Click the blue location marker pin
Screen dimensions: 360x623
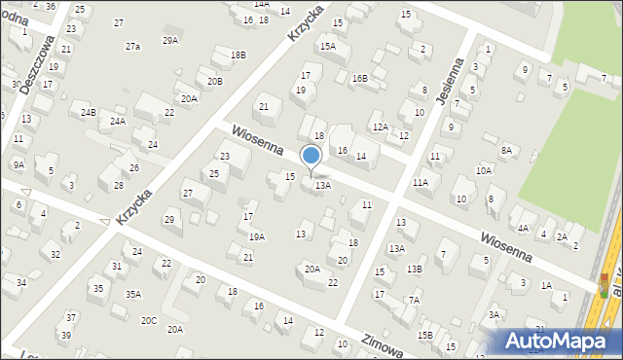pos(311,157)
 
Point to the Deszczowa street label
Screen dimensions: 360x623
pos(38,57)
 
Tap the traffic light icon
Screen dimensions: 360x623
pos(604,285)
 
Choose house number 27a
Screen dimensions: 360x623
pos(132,47)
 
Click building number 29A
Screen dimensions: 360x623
pos(170,40)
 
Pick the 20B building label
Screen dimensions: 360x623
pos(214,81)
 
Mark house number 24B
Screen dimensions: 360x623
pos(89,113)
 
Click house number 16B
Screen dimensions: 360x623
pos(359,78)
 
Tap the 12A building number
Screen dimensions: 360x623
pos(380,126)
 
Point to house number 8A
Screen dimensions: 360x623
pos(506,150)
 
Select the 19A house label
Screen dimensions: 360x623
pos(256,236)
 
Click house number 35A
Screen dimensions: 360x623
pos(133,294)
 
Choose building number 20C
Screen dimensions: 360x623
pos(148,320)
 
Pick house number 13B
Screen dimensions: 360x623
pos(415,269)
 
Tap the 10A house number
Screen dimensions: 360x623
pos(484,170)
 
